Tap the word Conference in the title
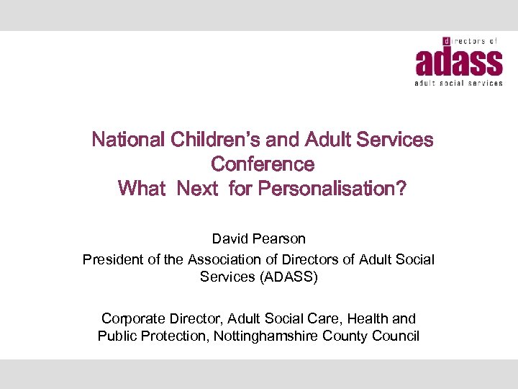pos(263,164)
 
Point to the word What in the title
pos(141,189)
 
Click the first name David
pos(230,238)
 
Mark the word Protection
pos(176,336)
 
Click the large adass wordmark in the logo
pos(458,62)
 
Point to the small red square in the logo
pos(447,42)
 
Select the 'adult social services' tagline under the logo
pos(458,84)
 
